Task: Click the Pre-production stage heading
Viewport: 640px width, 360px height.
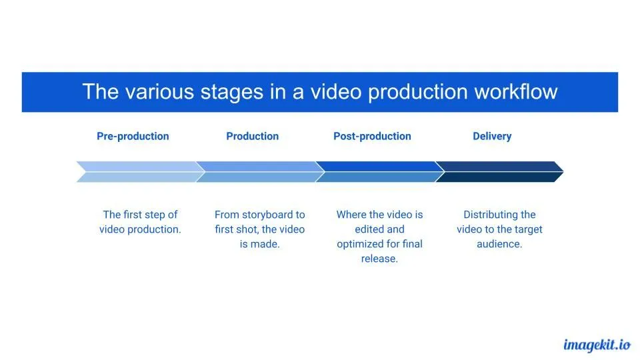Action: (133, 136)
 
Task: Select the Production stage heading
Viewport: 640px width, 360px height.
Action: (252, 136)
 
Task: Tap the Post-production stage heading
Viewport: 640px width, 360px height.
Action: (372, 136)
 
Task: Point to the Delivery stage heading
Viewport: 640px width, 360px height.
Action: (492, 136)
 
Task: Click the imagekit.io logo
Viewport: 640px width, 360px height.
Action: (597, 345)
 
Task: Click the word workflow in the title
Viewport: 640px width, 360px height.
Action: (515, 92)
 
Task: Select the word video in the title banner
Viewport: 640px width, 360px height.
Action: (341, 92)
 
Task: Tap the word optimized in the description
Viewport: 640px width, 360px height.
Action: (361, 244)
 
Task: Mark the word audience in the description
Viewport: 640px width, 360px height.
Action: (500, 244)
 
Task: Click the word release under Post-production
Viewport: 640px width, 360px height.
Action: (379, 259)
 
